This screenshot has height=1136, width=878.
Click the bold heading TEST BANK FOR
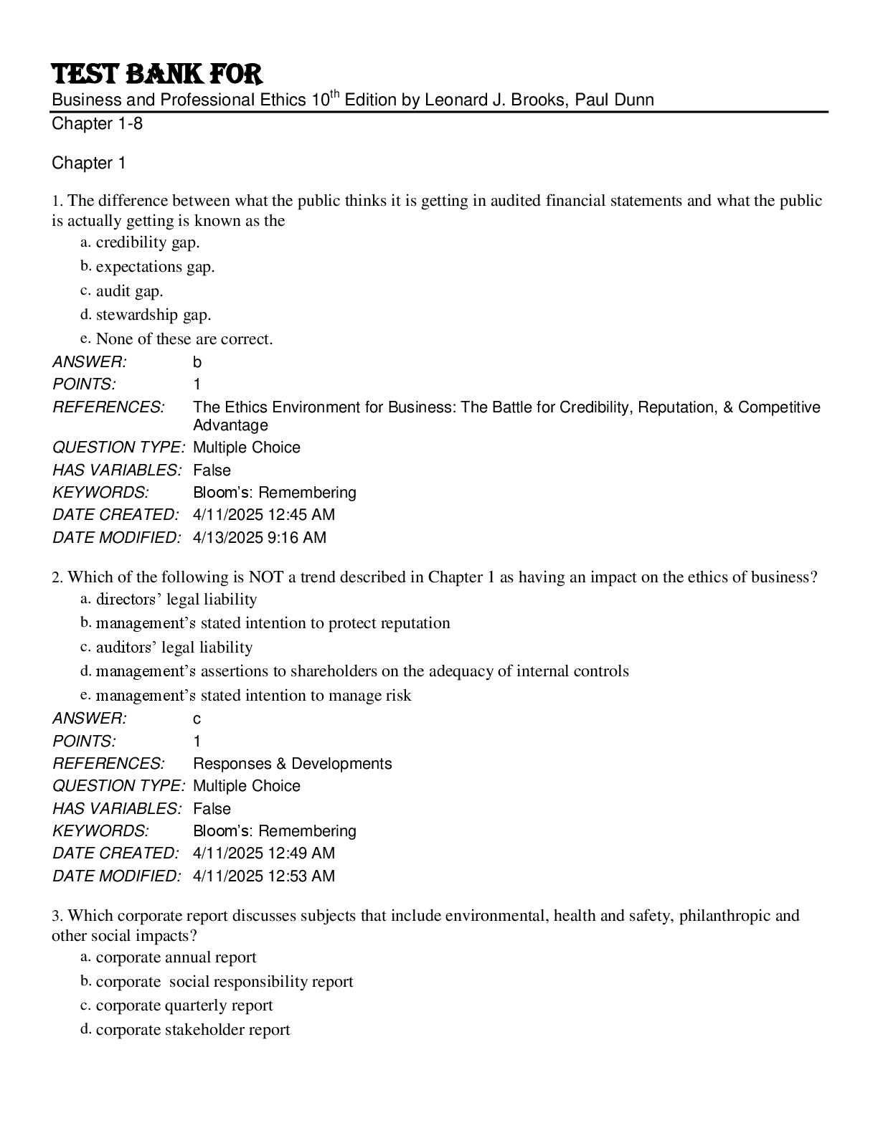157,74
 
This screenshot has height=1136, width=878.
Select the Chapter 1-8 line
97,124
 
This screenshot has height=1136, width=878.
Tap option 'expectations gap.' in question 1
155,267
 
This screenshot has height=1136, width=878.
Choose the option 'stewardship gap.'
154,315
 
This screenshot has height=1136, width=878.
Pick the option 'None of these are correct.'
184,339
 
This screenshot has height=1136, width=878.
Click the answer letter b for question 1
197,362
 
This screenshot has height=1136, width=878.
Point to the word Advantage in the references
230,425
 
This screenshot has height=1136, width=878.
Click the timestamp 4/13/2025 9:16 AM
260,537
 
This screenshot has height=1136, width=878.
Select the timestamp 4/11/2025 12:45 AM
264,515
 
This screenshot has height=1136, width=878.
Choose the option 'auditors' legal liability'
174,648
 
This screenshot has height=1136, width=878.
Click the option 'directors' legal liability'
176,600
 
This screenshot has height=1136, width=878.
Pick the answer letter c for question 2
197,719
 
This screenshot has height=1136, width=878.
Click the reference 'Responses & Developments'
293,763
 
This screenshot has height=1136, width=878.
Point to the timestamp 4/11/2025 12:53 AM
264,876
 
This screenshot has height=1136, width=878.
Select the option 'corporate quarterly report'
184,1005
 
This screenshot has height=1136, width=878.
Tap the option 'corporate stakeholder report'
193,1030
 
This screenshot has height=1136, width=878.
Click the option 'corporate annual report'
176,957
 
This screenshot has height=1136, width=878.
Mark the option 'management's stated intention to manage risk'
253,696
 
